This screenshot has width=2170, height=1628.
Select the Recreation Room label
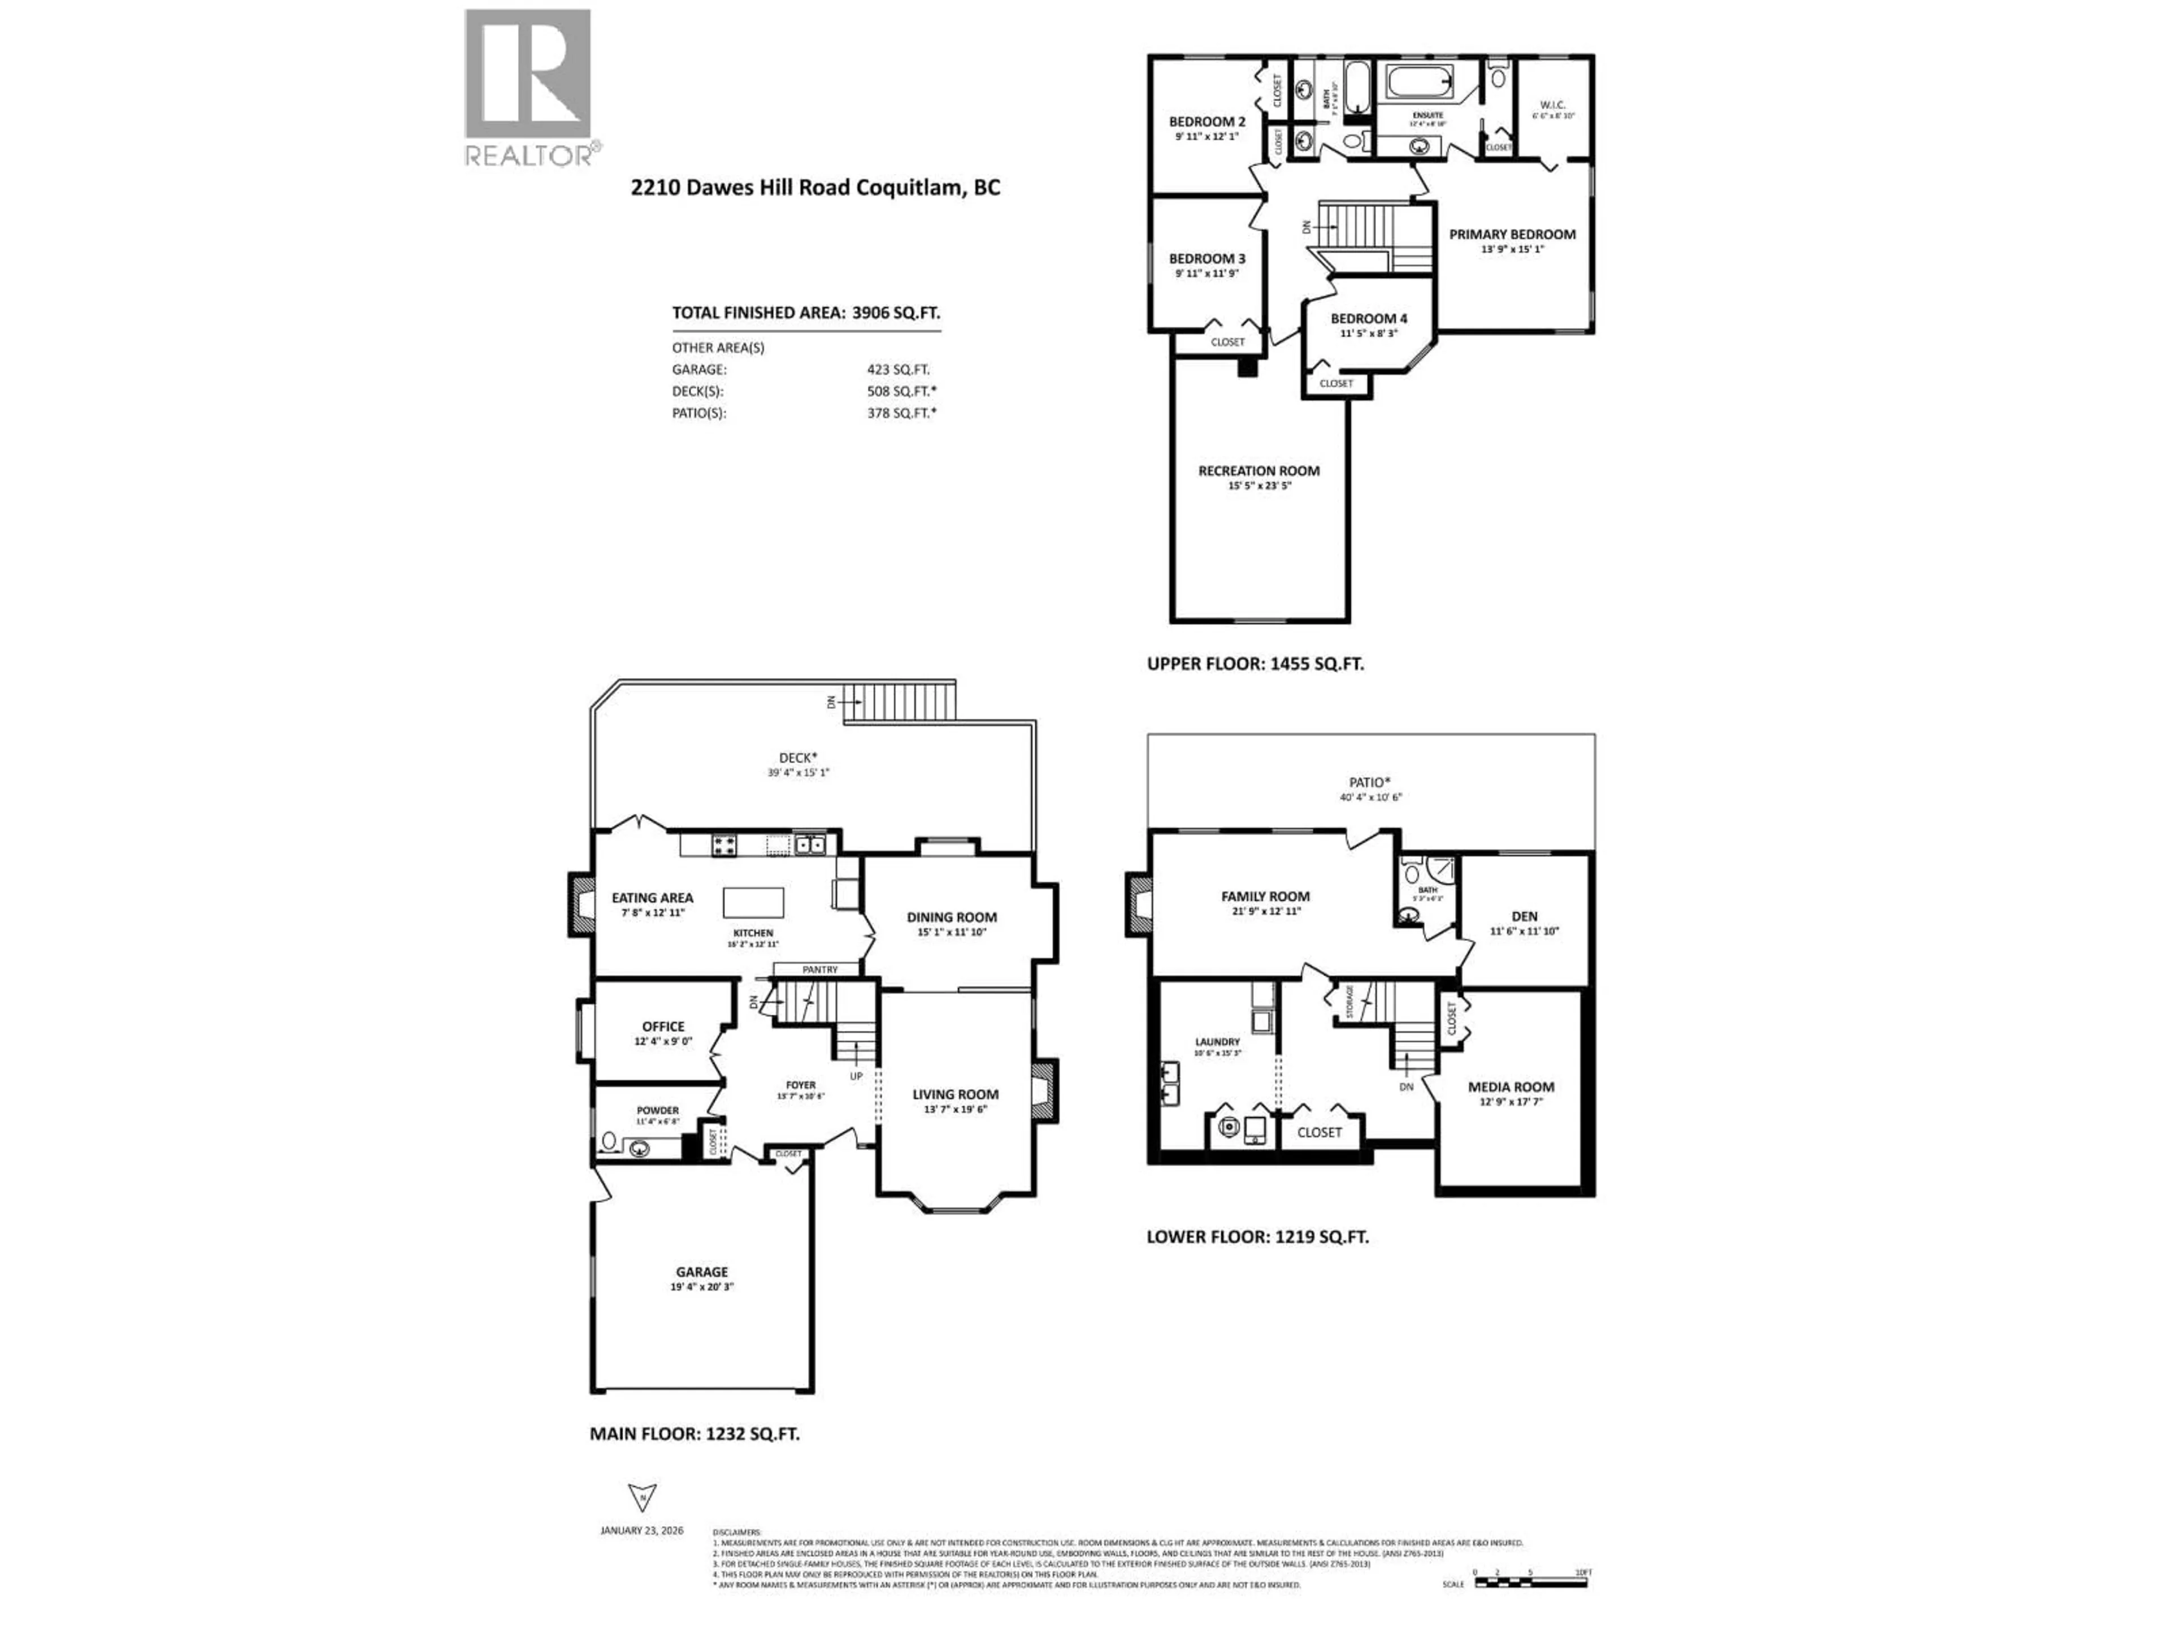pos(1258,471)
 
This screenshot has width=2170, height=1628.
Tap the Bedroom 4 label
pos(1369,319)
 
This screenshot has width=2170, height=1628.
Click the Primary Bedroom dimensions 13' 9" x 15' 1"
pos(1512,249)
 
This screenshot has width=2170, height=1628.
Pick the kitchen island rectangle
pos(753,902)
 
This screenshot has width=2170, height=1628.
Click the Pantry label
pos(820,969)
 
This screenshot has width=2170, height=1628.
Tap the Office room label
pos(663,1027)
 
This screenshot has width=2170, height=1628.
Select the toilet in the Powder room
pos(608,1141)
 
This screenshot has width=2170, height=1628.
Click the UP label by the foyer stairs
pos(856,1076)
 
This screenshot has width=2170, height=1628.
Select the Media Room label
pos(1511,1087)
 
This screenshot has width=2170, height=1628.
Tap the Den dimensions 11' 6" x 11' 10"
pos(1525,931)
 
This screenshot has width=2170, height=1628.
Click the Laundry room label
pos(1217,1042)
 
